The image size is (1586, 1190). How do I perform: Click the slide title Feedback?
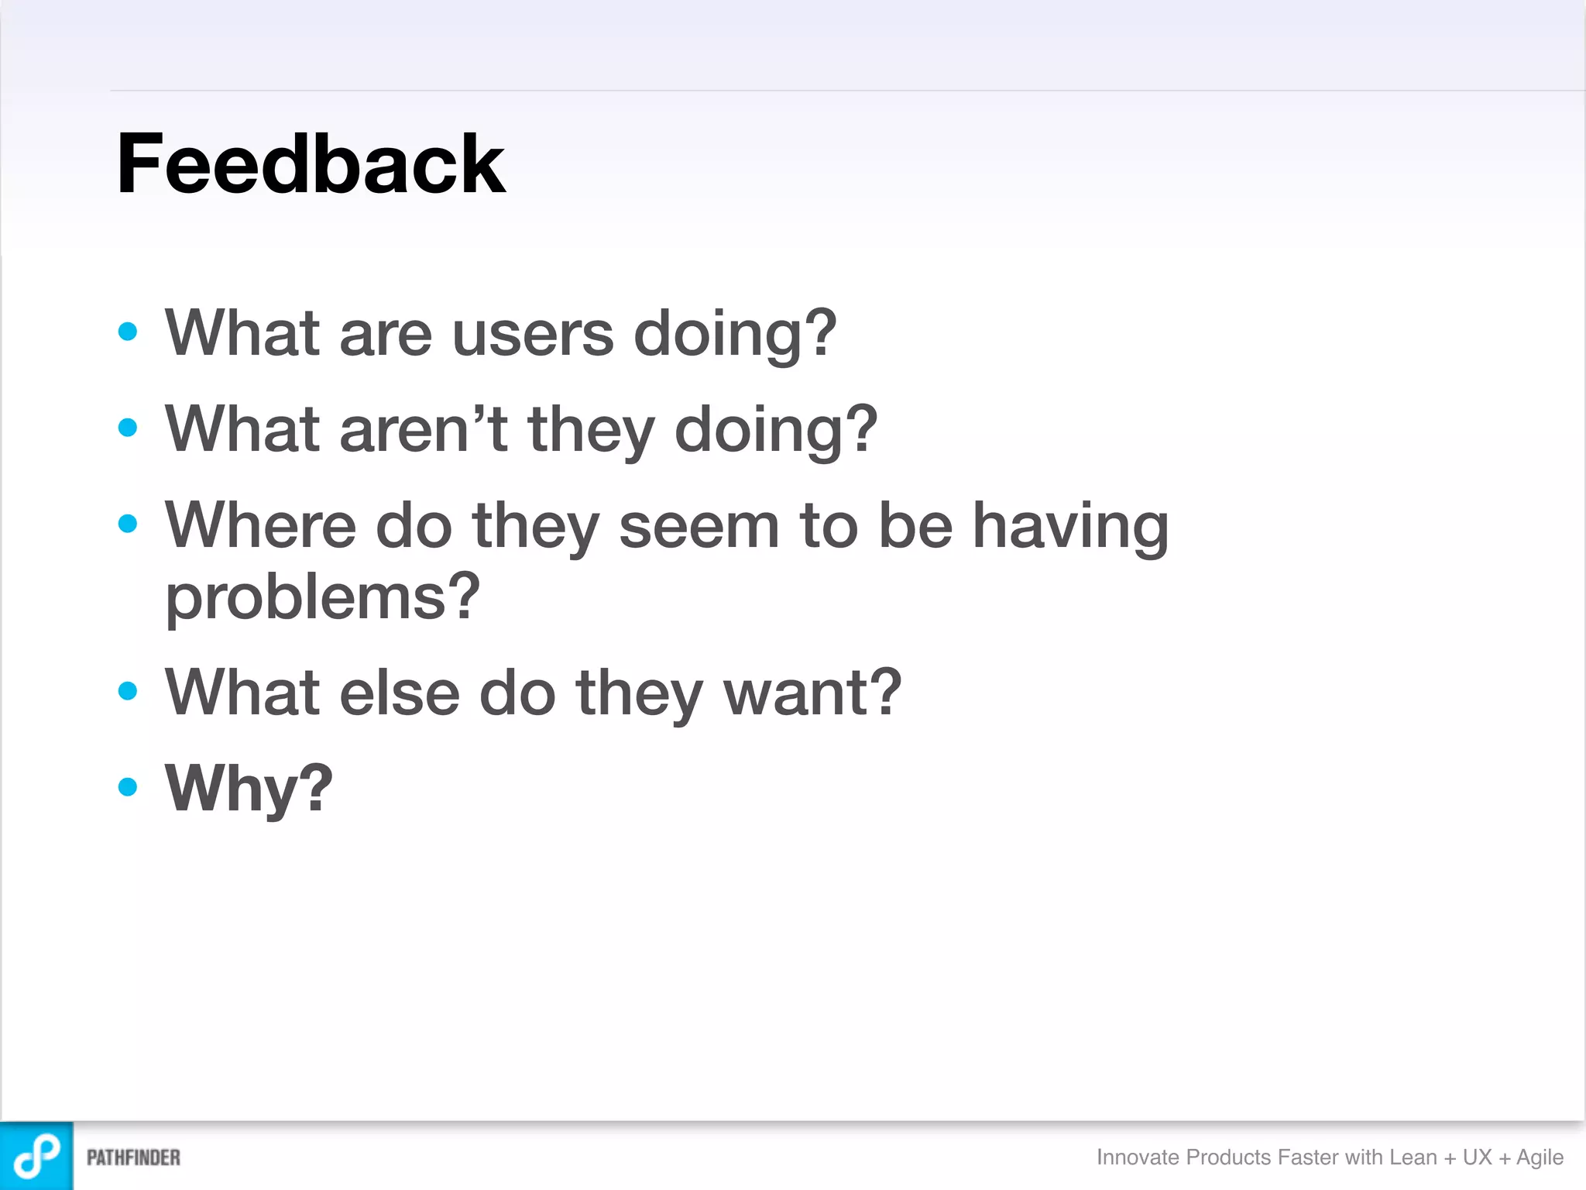[310, 164]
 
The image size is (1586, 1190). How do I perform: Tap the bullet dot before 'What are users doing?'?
[128, 332]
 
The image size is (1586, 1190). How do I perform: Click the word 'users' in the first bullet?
[533, 335]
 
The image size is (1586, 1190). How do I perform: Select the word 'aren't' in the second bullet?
[423, 430]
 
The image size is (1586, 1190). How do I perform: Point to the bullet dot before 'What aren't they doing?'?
[128, 428]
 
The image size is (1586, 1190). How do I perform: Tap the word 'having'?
[1069, 527]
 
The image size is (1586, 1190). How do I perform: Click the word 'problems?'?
[322, 598]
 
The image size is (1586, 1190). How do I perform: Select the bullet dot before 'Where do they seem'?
[128, 524]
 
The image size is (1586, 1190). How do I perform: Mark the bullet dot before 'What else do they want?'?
[128, 690]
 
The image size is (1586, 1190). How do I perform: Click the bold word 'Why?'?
[249, 789]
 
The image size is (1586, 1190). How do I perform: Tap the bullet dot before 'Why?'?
[128, 787]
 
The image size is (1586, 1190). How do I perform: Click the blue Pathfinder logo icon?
[36, 1156]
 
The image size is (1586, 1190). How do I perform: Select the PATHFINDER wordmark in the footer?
[133, 1157]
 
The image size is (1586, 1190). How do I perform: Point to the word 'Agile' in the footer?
[1540, 1157]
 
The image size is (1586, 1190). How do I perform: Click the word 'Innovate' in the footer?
[1138, 1157]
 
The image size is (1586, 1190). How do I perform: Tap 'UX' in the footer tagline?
[1477, 1157]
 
